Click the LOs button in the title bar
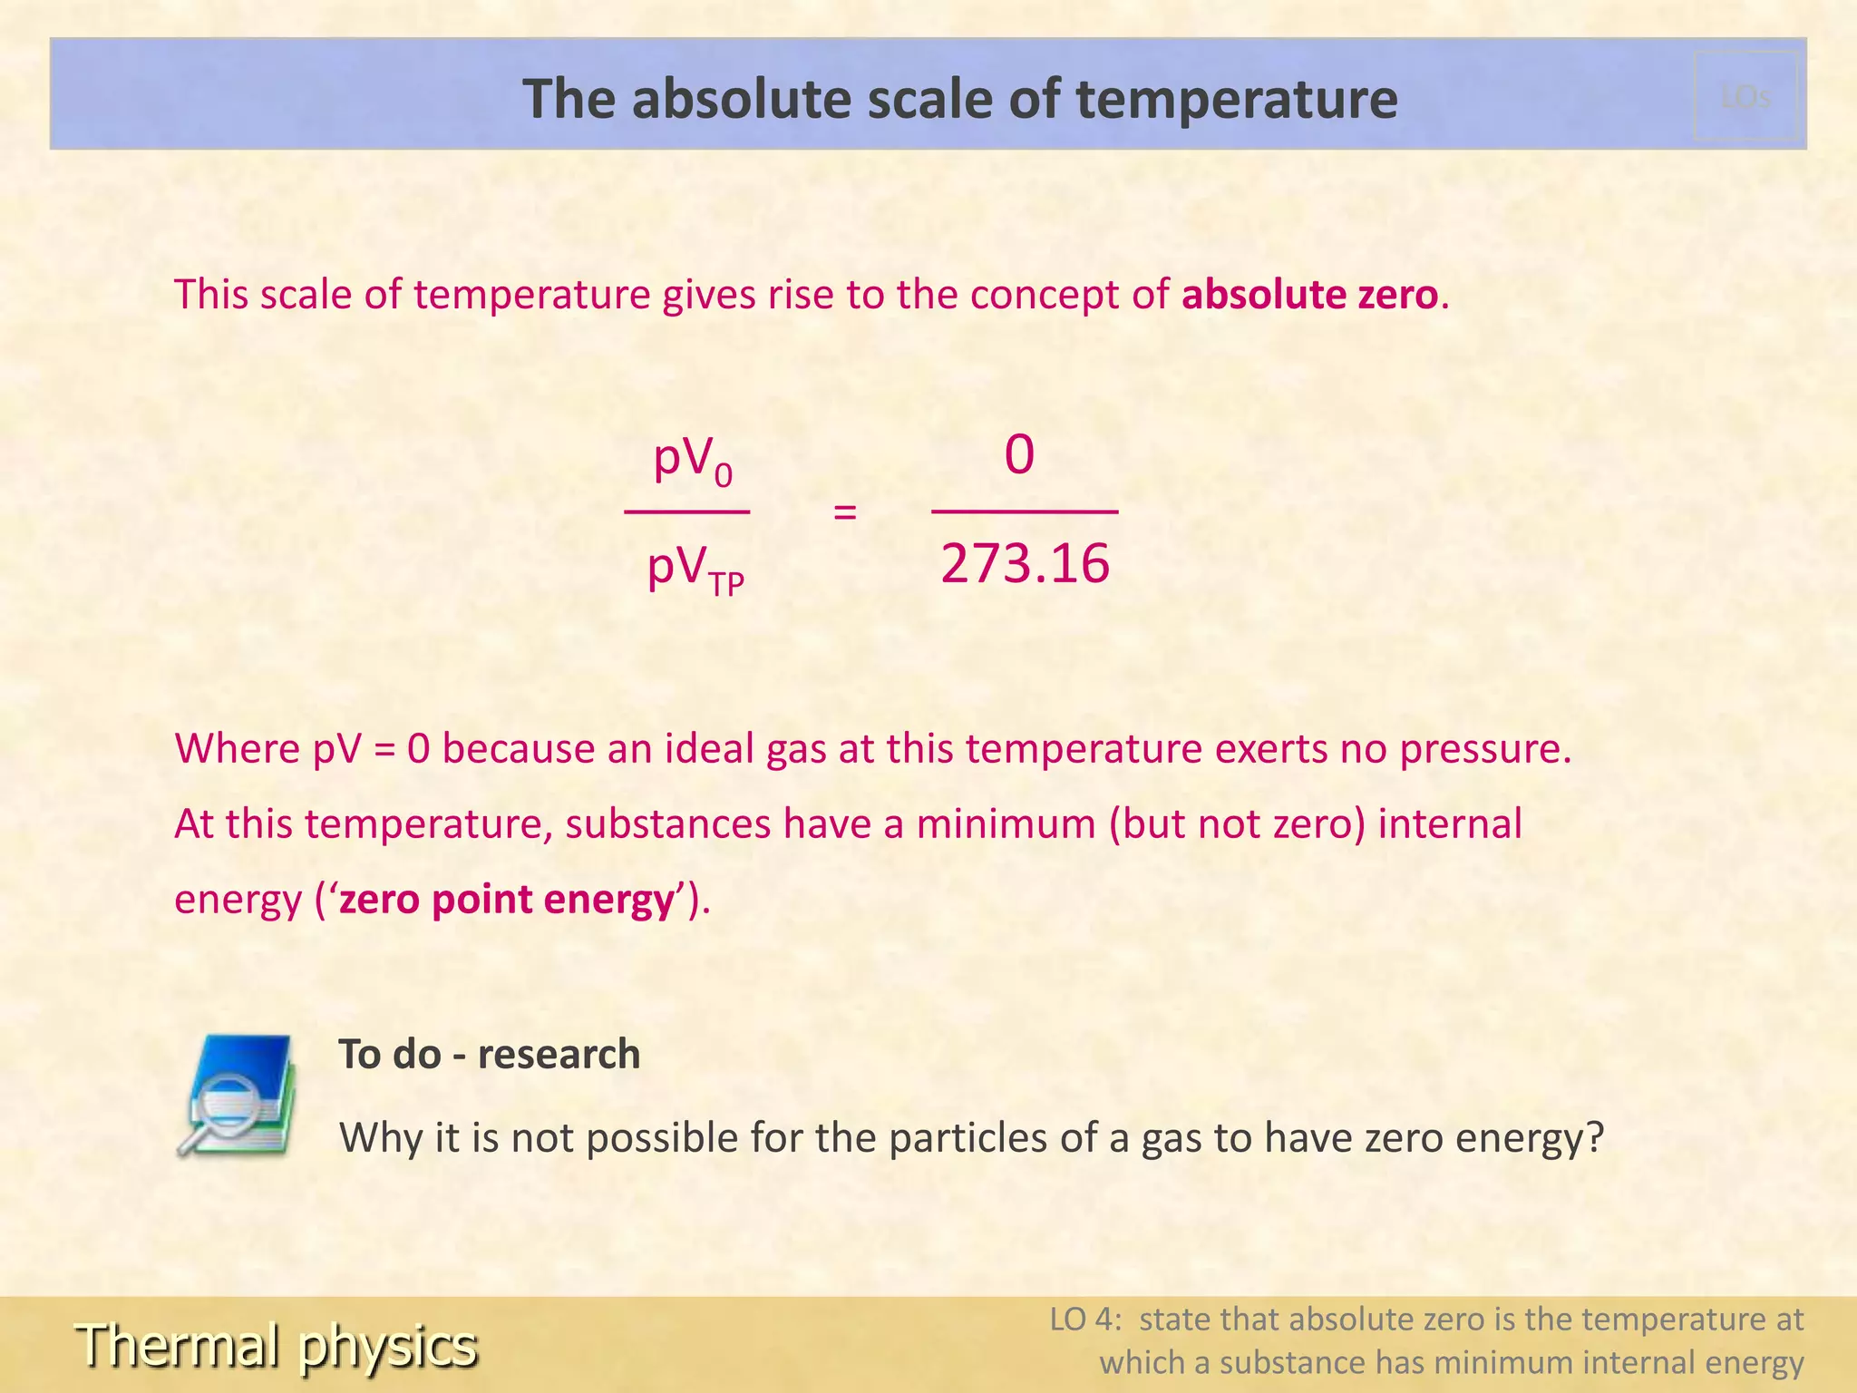1745,96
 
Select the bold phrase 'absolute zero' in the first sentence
1310,295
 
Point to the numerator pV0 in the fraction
692,460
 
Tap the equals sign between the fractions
844,512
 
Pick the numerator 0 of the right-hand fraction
1019,454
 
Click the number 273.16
1025,564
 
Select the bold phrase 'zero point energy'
508,900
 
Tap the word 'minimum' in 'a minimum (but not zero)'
1006,824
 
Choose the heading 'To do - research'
490,1054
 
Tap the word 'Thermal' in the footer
178,1345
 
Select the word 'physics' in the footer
388,1347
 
